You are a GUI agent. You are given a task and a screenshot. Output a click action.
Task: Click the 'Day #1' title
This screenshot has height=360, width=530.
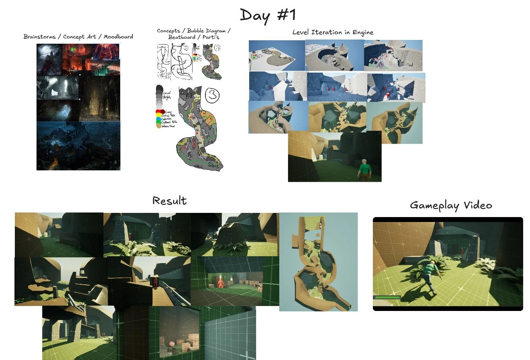pyautogui.click(x=268, y=15)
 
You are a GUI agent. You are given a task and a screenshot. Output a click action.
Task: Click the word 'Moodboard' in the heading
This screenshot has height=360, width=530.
pyautogui.click(x=118, y=36)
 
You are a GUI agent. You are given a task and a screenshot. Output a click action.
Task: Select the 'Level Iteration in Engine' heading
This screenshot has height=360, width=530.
pyautogui.click(x=333, y=32)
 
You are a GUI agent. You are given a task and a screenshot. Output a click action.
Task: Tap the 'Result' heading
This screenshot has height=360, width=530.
pyautogui.click(x=169, y=201)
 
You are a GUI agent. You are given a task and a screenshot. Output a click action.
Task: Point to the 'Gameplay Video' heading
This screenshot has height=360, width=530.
pyautogui.click(x=451, y=205)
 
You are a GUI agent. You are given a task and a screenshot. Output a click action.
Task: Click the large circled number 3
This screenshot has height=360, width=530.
pyautogui.click(x=212, y=95)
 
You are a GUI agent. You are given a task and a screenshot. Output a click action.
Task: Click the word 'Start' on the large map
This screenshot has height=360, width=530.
pyautogui.click(x=214, y=165)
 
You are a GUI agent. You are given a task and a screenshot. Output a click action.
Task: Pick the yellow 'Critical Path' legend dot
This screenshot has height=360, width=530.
pyautogui.click(x=159, y=115)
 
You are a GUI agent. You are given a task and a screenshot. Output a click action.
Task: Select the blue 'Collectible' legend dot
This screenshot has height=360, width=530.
pyautogui.click(x=159, y=119)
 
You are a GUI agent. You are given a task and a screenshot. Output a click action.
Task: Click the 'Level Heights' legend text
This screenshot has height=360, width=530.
pyautogui.click(x=167, y=95)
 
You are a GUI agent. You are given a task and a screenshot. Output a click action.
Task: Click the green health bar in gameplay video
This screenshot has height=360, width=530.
pyautogui.click(x=387, y=297)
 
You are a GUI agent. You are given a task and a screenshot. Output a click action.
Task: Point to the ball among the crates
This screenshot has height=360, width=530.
pyautogui.click(x=172, y=344)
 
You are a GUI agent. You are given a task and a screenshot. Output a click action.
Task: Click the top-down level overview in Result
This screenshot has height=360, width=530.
pyautogui.click(x=318, y=262)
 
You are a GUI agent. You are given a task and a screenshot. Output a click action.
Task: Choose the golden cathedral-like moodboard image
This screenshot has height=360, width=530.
pyautogui.click(x=99, y=98)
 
